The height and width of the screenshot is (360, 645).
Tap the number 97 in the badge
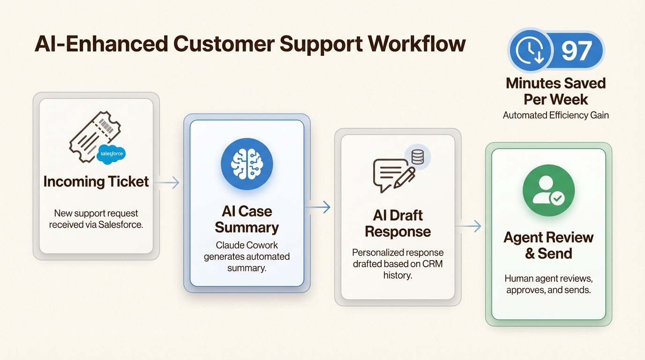point(577,50)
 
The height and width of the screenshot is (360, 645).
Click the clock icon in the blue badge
point(530,50)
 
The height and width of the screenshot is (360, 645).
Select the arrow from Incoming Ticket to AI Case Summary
point(168,183)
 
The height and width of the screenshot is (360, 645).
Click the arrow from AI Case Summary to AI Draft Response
point(319,207)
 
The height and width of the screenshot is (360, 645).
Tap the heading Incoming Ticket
point(96,181)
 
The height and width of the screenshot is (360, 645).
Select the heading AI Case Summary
point(247,219)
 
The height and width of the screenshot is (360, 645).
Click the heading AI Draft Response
point(397,223)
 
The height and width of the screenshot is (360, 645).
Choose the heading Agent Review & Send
point(548,245)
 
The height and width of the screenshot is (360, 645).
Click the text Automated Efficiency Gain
point(555,115)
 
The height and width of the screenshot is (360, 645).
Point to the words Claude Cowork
point(247,245)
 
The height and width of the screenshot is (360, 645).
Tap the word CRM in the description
point(432,263)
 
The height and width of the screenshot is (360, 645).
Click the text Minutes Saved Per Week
point(555,91)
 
